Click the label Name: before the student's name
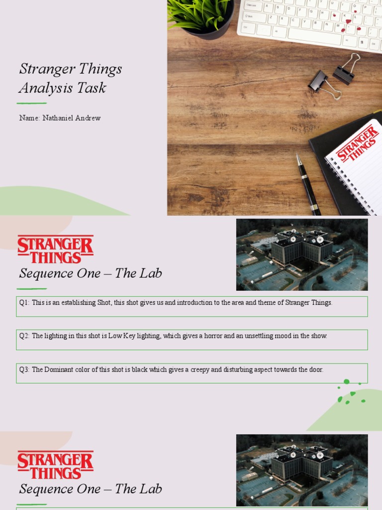(x=29, y=118)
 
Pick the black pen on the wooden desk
(x=308, y=184)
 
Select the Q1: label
(x=24, y=303)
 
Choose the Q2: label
(x=24, y=336)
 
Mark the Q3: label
(x=24, y=370)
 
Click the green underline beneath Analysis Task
(x=31, y=103)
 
